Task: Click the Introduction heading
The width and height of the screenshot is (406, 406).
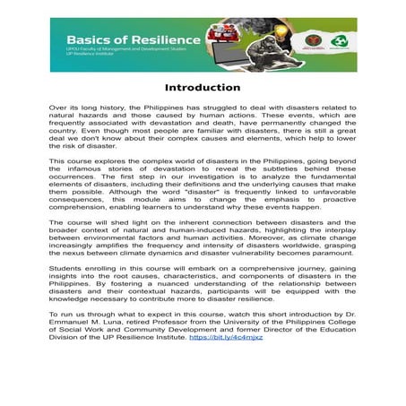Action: point(203,88)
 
